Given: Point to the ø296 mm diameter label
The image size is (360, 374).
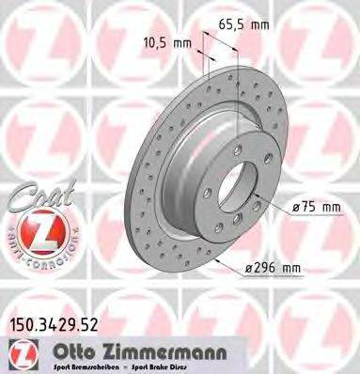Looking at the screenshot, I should pyautogui.click(x=274, y=268).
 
